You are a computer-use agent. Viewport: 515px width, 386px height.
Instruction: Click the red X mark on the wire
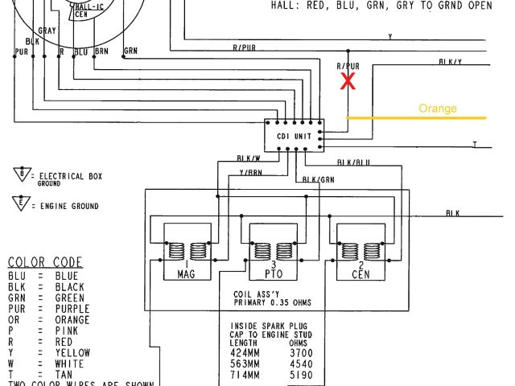(348, 80)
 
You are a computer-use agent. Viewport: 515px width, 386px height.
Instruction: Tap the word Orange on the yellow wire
(437, 109)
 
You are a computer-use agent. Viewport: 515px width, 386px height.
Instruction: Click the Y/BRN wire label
(250, 171)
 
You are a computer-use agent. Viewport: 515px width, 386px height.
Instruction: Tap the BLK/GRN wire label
(318, 179)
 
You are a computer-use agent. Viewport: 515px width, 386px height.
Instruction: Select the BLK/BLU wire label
(353, 162)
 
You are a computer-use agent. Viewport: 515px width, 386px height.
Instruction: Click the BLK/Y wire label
(450, 61)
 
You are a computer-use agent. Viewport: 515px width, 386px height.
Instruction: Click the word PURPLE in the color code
(72, 309)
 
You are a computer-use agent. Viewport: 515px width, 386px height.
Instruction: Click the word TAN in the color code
(64, 375)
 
